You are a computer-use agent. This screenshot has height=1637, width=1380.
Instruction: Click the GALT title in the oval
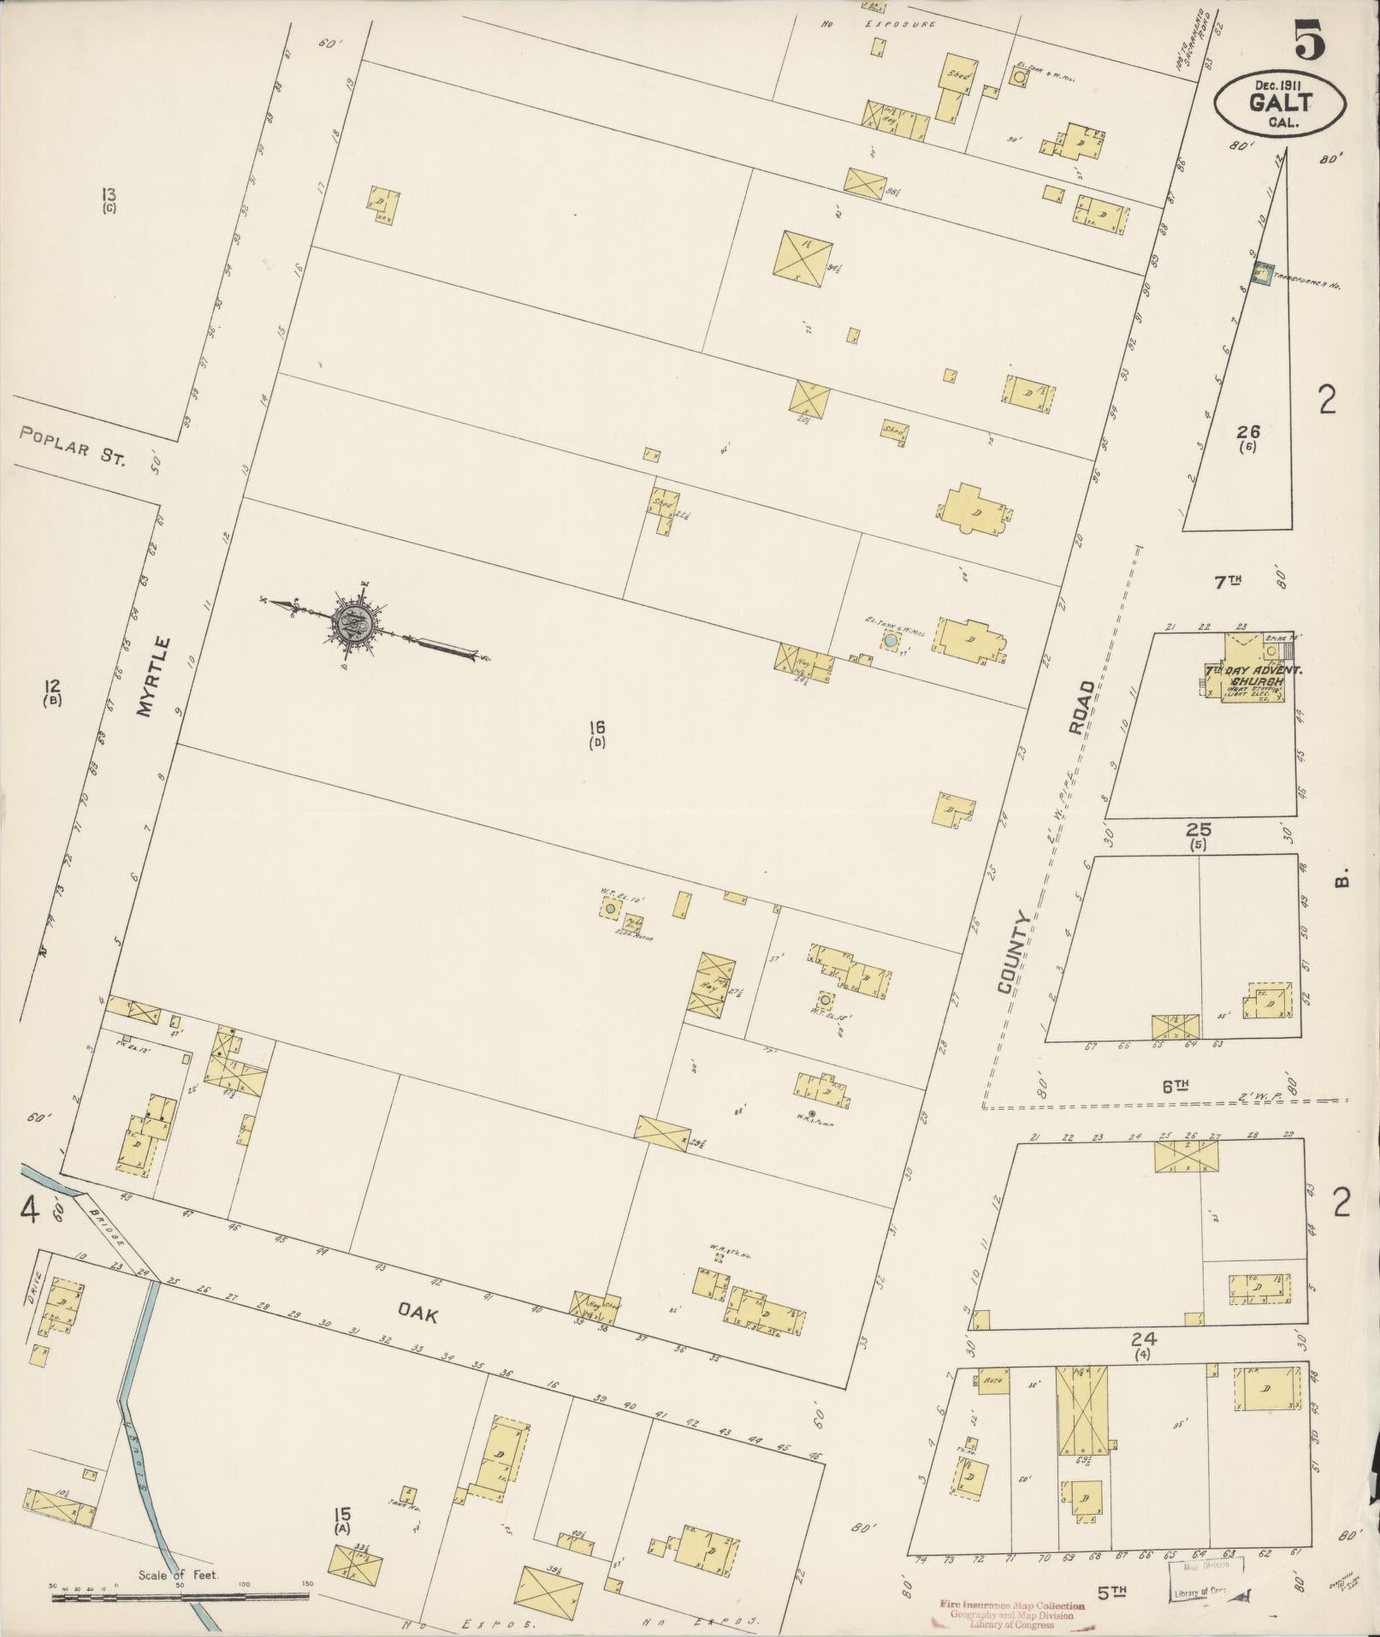tap(1280, 104)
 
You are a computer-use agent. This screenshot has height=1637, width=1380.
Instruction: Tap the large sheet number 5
tap(1309, 39)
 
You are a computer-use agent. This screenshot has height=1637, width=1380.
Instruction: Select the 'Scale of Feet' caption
tap(179, 1574)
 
